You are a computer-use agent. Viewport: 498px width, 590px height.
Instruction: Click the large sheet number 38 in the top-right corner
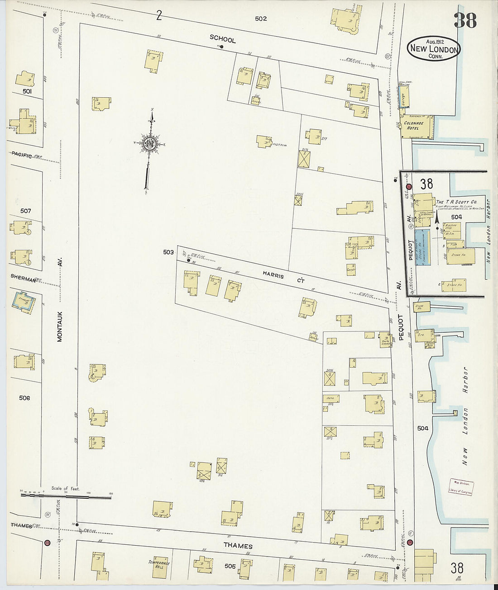point(465,20)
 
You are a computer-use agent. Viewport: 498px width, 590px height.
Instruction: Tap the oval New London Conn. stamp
point(433,49)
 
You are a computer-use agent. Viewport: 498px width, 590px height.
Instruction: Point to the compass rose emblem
point(149,144)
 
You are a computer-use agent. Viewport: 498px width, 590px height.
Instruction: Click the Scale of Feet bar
point(66,496)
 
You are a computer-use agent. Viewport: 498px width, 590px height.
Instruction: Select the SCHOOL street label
point(222,39)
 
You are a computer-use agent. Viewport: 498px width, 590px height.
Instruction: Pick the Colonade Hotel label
point(414,125)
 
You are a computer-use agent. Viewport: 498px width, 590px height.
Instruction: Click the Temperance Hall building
point(159,564)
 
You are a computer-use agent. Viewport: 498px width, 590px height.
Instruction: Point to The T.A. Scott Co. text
point(456,202)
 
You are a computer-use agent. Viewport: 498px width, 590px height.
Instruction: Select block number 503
point(168,252)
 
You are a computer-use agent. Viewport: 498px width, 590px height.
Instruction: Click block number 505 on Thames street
point(230,566)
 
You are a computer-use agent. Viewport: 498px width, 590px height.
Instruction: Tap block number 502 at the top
point(261,19)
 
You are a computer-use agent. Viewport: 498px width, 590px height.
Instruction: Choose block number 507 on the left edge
point(26,211)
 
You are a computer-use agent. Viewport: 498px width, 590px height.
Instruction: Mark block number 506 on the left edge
point(24,398)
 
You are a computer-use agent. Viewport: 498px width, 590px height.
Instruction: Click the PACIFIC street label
point(22,155)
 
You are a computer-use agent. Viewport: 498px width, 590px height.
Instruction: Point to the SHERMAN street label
point(24,280)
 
